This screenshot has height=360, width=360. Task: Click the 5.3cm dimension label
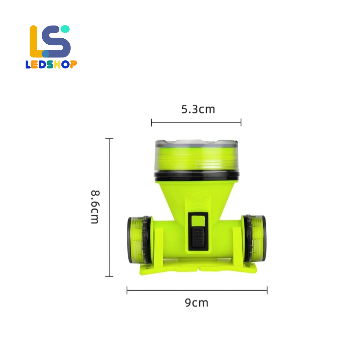198,109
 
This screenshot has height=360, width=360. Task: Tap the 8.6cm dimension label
95,207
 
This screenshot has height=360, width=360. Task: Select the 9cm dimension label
197,303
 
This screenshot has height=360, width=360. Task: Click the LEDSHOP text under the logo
51,65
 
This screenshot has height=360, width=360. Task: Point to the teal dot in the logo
65,29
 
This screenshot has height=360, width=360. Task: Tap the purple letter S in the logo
56,41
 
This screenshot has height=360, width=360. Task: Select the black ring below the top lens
197,176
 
